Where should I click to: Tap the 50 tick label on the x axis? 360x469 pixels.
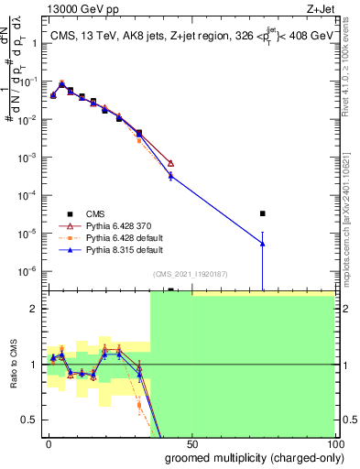(x=191, y=444)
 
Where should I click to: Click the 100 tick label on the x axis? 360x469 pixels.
(x=333, y=444)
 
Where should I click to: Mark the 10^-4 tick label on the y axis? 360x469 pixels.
(x=30, y=195)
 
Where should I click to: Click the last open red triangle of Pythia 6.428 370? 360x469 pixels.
(x=171, y=163)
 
